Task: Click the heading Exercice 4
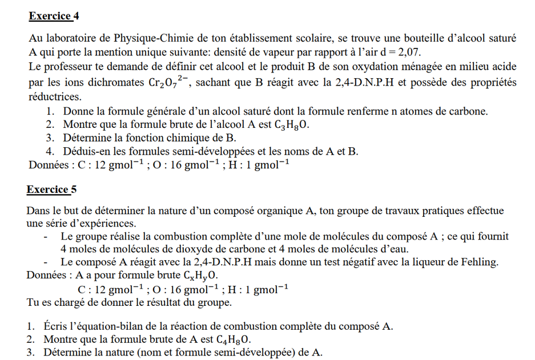click(x=52, y=17)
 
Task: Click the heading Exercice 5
click(x=51, y=189)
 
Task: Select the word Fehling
click(x=480, y=262)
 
